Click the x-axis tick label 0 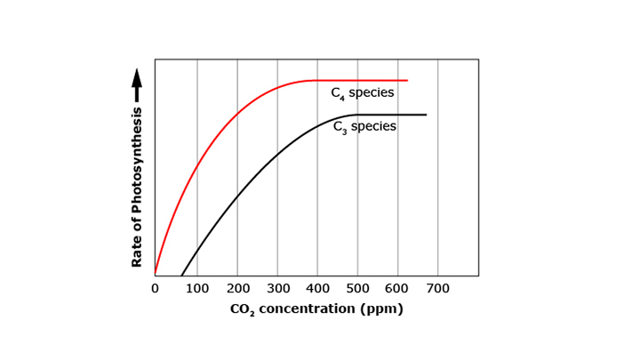[155, 288]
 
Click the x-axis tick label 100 [196, 288]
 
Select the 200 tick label [237, 288]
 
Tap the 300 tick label [277, 288]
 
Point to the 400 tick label [317, 288]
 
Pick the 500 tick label [357, 288]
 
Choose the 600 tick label [397, 288]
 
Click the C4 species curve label [362, 93]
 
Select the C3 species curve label [364, 127]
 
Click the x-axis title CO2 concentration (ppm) [316, 309]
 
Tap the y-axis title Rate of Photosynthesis [137, 188]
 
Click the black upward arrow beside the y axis [137, 86]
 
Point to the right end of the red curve [407, 80]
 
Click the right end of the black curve [426, 115]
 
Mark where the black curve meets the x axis [181, 276]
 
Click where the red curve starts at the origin [156, 274]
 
